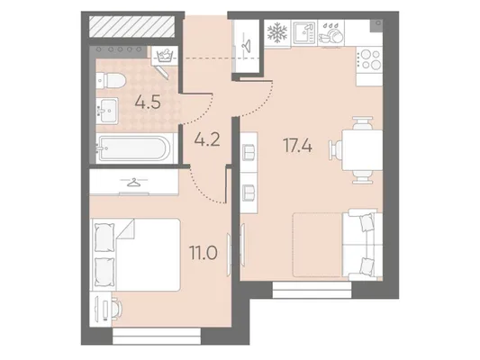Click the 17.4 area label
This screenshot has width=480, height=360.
(x=298, y=146)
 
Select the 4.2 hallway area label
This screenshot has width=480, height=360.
(x=207, y=139)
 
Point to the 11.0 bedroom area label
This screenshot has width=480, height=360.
(x=204, y=253)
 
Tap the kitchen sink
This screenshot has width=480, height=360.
(x=304, y=33)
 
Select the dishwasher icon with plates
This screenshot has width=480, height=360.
(x=331, y=33)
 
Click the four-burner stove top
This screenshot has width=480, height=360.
(x=369, y=59)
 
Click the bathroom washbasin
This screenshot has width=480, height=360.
(x=107, y=111)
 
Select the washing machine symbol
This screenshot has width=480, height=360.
(x=165, y=56)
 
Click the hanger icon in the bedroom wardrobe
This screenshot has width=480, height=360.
(x=134, y=183)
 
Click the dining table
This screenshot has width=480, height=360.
(x=362, y=150)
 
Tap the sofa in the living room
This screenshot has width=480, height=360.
(x=362, y=245)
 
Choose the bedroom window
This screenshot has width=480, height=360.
(x=157, y=336)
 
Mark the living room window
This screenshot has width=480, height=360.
(x=312, y=290)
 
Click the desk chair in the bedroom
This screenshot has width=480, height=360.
(x=117, y=308)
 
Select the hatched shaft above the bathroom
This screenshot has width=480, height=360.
(x=132, y=26)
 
